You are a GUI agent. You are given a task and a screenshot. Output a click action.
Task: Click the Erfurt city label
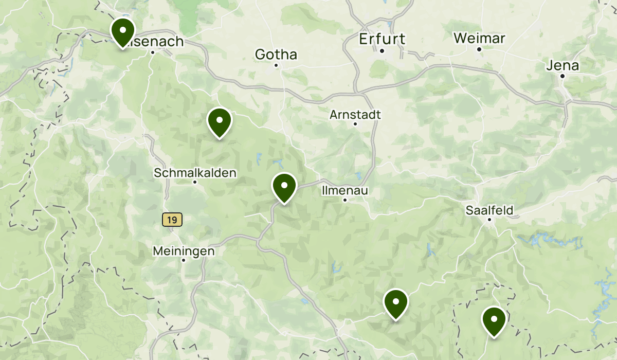coord(382,39)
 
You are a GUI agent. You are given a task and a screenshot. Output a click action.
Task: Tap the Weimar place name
coord(479,38)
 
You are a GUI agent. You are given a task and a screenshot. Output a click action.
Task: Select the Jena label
coord(562,65)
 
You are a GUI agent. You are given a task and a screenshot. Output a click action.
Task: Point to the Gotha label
coord(276,54)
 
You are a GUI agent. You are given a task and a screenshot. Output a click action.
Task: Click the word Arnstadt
coord(355,114)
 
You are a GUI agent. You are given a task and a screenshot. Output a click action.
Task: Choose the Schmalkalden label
coord(195,173)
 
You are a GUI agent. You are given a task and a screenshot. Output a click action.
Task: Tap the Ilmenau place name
coord(345,190)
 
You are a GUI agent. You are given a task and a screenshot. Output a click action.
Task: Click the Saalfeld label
coord(489,210)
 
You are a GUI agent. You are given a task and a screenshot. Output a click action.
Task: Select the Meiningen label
coord(184,251)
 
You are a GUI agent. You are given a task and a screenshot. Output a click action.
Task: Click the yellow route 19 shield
coord(172,220)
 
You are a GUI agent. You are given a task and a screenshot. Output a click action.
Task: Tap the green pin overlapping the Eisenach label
coord(122,32)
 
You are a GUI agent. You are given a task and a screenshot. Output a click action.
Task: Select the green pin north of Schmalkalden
coord(220,122)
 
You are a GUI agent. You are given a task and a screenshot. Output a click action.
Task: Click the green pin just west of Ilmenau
coord(284,187)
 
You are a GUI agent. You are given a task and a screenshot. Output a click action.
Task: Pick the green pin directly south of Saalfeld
coord(494,320)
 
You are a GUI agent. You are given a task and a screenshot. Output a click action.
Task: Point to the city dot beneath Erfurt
coord(382,50)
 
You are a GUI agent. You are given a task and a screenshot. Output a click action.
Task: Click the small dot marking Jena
coord(562,76)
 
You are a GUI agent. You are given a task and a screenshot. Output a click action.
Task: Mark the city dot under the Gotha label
coord(276,65)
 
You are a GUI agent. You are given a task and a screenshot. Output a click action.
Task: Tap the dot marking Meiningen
coord(184,260)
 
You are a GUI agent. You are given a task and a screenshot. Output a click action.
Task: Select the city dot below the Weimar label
coord(479,49)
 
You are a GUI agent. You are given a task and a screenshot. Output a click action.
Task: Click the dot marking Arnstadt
coord(355,124)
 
